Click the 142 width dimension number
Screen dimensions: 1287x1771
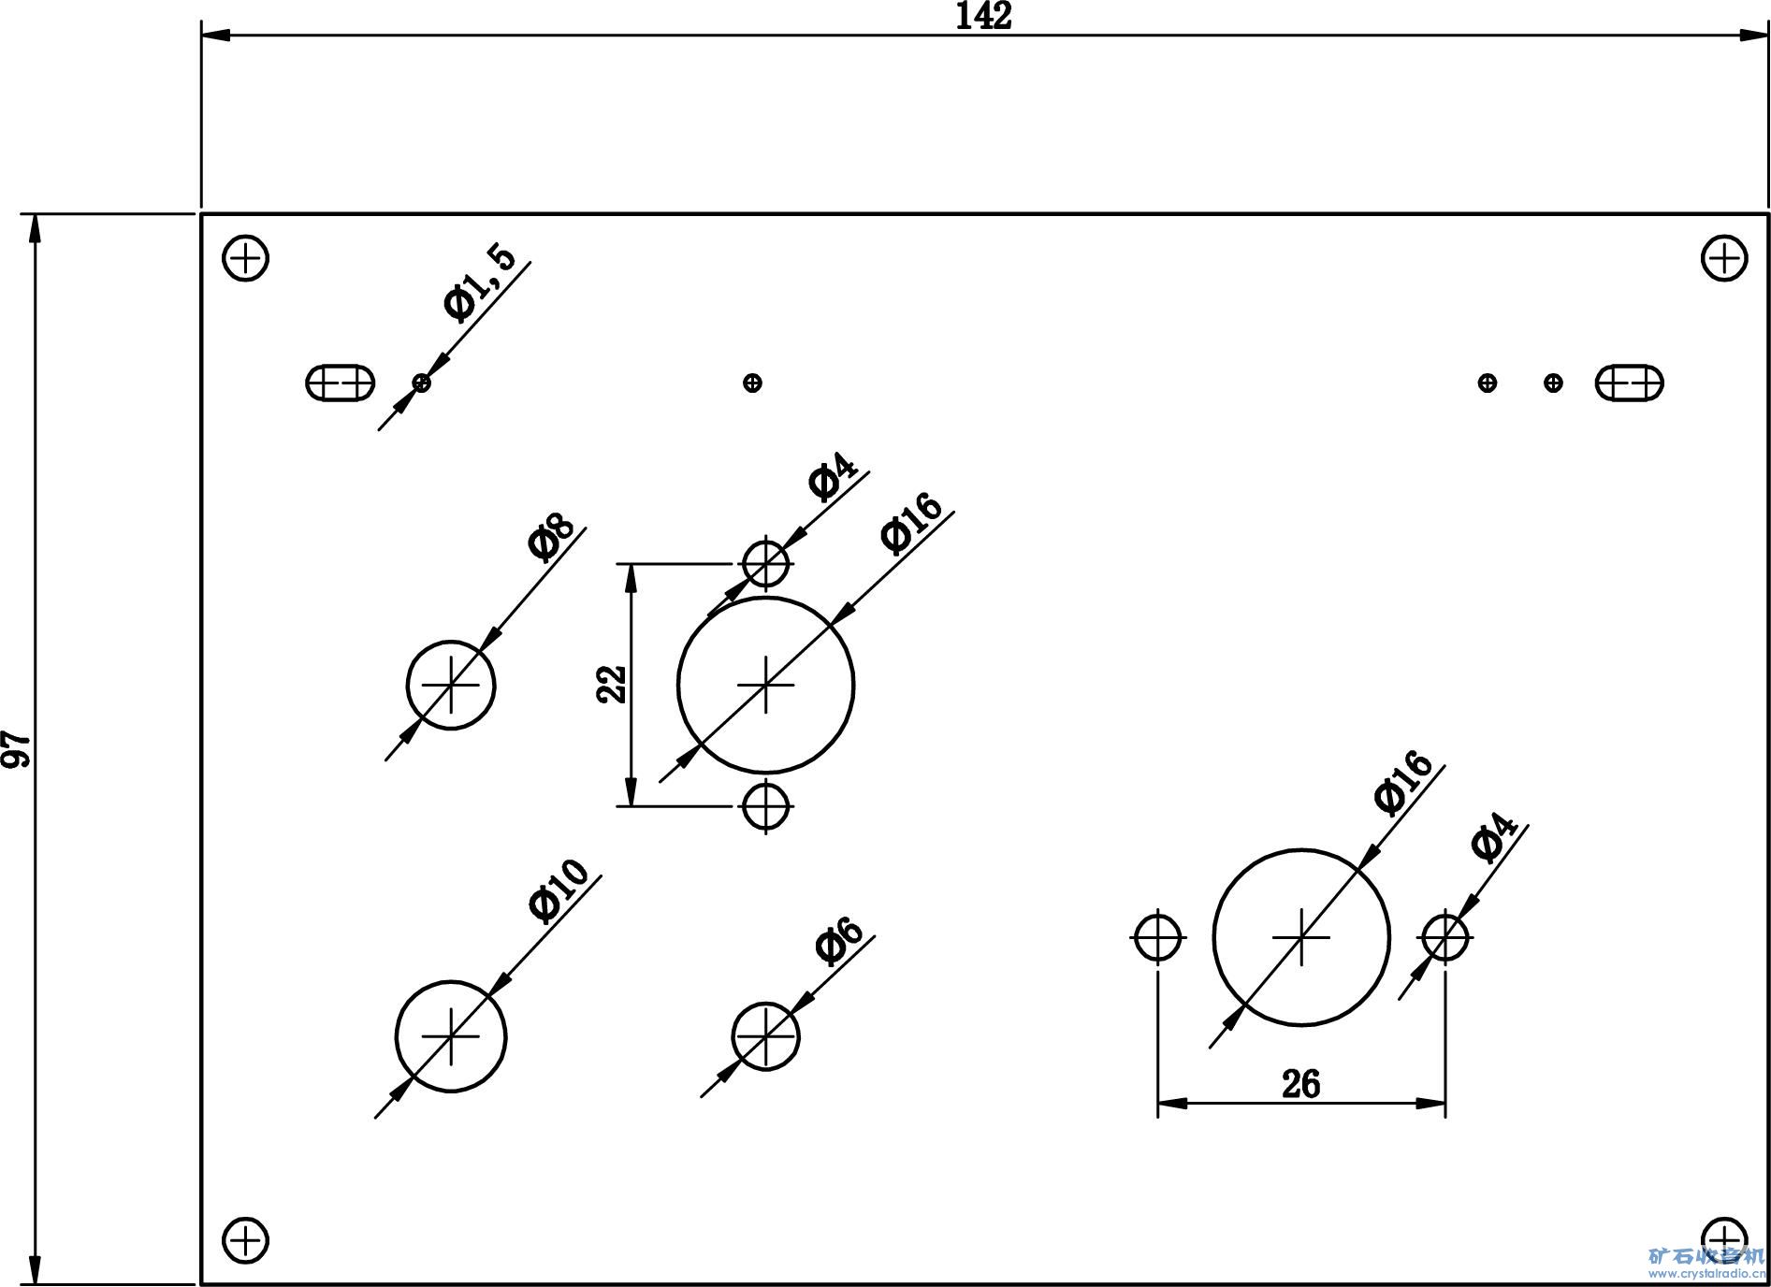[983, 17]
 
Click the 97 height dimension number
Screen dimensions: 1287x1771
[17, 749]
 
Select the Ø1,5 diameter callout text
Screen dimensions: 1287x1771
[480, 282]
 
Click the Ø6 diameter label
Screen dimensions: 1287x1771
[838, 942]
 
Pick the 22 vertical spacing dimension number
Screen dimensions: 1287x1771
[611, 684]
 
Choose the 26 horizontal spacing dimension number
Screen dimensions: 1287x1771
[1300, 1084]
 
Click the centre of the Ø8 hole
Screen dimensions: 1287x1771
[451, 686]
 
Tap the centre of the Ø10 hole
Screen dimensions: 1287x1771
[451, 1036]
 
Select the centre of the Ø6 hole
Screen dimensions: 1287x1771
[766, 1036]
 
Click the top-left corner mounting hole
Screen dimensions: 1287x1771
[245, 257]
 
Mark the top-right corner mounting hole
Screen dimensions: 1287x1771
[1723, 257]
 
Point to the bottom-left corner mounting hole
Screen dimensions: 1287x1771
[245, 1240]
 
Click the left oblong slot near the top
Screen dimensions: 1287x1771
[341, 383]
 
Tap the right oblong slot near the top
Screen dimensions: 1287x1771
[1630, 383]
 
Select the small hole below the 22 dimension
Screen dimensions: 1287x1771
[766, 804]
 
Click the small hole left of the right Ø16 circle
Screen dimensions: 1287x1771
[1158, 936]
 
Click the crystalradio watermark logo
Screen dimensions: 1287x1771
[1706, 1261]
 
